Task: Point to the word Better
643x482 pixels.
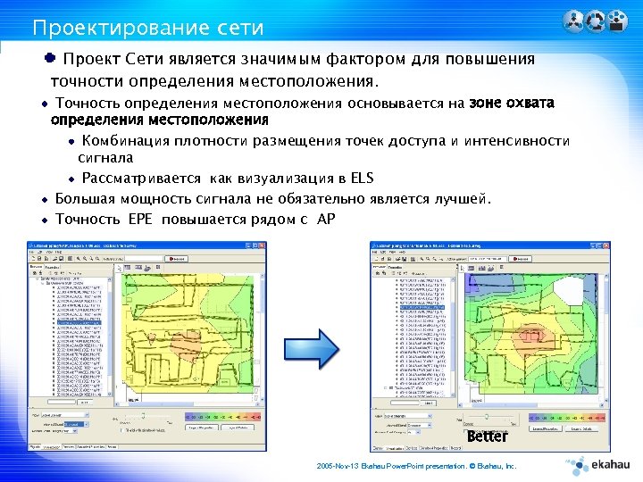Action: (x=488, y=436)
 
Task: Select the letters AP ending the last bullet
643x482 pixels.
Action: (x=326, y=219)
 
